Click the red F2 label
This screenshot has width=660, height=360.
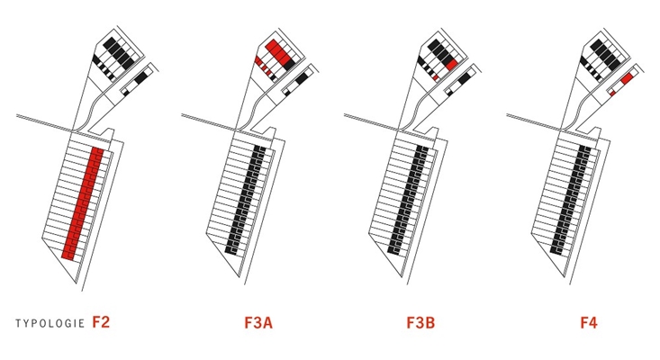point(101,322)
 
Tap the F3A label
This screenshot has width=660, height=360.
point(258,323)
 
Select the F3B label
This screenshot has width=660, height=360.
point(420,323)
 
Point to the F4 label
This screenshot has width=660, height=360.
point(589,323)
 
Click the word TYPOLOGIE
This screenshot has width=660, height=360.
point(50,323)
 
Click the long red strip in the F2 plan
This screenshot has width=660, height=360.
point(83,202)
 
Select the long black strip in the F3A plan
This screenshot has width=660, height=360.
point(246,200)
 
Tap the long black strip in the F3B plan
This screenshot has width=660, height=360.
point(408,200)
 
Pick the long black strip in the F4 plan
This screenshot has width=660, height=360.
point(571,200)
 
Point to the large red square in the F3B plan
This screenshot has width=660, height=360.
point(452,65)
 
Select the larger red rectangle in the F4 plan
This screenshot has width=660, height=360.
point(627,78)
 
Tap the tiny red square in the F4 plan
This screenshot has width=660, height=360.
point(612,93)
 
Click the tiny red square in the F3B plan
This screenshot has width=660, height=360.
point(435,77)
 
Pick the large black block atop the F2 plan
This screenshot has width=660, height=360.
point(121,53)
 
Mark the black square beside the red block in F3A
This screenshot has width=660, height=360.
point(289,65)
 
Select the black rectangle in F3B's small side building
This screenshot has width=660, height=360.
point(464,77)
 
